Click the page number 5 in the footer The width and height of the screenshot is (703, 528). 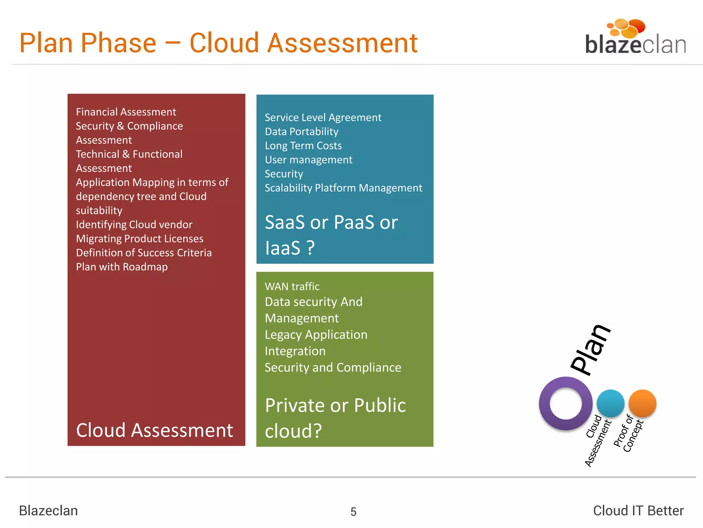[353, 512]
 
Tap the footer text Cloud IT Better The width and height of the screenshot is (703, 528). [638, 510]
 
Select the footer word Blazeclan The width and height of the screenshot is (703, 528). [48, 510]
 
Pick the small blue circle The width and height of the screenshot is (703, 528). [610, 403]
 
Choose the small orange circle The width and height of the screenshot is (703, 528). [642, 403]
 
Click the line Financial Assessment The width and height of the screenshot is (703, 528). [126, 112]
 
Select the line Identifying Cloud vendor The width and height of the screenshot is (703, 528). [134, 224]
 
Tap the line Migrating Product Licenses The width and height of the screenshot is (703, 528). [140, 239]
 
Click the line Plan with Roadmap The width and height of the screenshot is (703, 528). [122, 267]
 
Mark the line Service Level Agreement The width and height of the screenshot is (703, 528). [323, 118]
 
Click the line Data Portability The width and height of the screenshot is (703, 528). [301, 132]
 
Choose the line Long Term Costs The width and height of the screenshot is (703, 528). [303, 146]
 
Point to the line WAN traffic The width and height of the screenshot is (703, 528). [292, 286]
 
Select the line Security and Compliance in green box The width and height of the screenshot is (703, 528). [333, 367]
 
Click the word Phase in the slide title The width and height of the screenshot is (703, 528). [119, 43]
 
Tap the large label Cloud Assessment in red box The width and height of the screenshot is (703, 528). [154, 430]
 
